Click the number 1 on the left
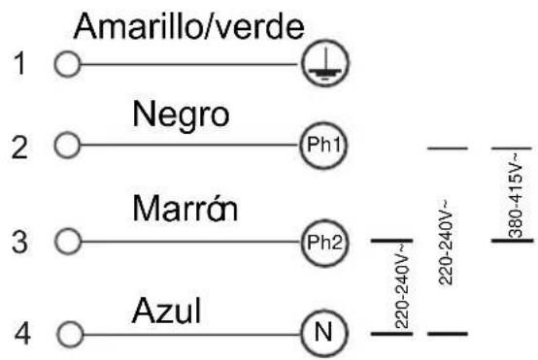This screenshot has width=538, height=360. [20, 63]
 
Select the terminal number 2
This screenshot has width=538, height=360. [19, 147]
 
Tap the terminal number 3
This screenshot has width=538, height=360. [19, 242]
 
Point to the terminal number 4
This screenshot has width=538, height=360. [22, 333]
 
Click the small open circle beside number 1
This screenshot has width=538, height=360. [67, 64]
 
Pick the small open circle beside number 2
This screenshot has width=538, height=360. [67, 145]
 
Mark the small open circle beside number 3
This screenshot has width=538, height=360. [68, 241]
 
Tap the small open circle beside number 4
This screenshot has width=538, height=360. [70, 334]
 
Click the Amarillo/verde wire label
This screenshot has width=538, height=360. [188, 27]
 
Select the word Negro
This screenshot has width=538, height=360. [181, 116]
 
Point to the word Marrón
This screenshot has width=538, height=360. [185, 209]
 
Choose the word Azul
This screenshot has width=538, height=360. [166, 311]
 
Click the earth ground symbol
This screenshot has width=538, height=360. [325, 63]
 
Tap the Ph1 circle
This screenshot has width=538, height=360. [324, 145]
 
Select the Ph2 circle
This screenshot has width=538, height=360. [324, 243]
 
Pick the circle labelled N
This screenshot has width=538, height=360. [324, 333]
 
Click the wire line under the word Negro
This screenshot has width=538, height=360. [189, 145]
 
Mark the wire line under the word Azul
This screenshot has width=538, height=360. [192, 334]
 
